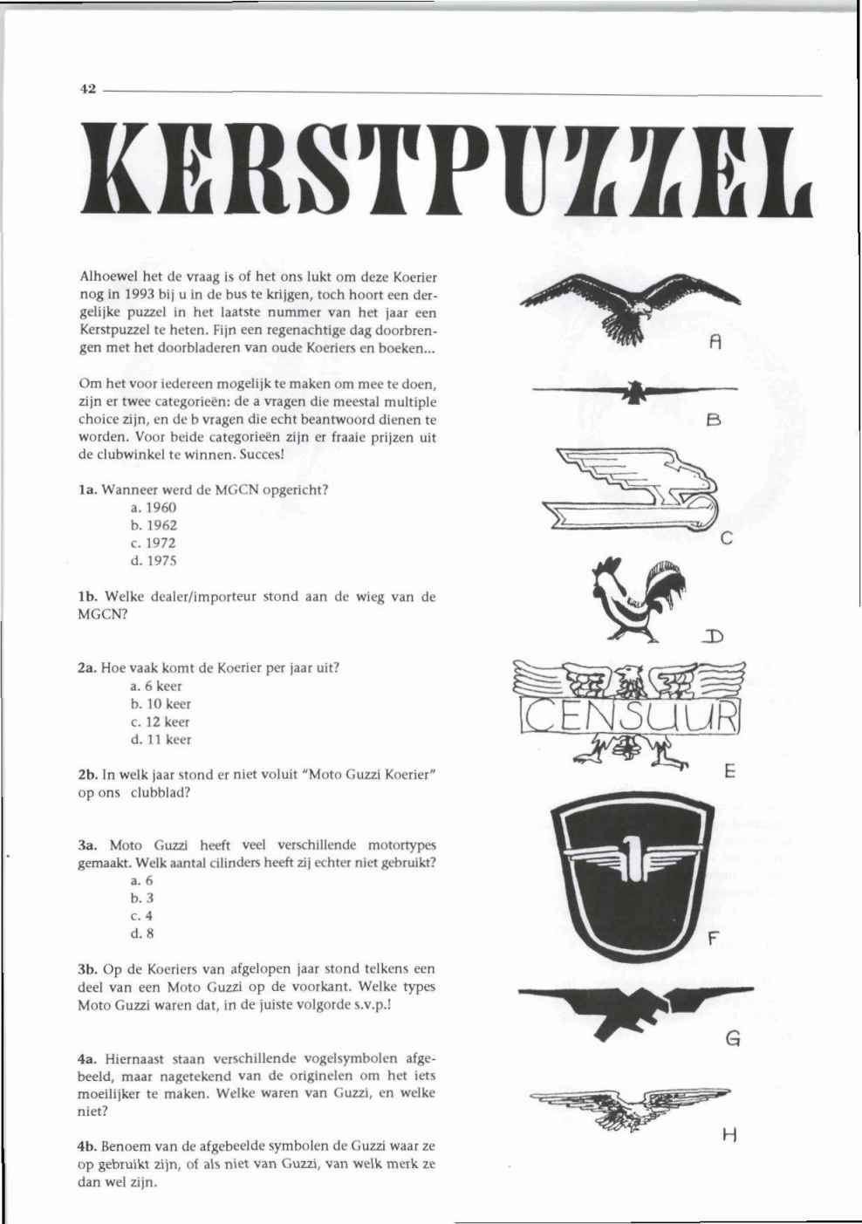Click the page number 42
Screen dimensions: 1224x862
(x=87, y=89)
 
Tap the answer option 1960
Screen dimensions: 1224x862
(x=154, y=508)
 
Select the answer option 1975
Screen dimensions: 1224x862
(x=154, y=561)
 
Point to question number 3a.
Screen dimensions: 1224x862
(x=86, y=845)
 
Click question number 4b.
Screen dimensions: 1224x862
(x=86, y=1145)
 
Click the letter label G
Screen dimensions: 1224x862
(x=733, y=1039)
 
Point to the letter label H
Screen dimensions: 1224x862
(x=730, y=1135)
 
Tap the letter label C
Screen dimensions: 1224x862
(x=725, y=540)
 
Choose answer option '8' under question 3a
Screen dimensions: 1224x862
(x=136, y=933)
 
